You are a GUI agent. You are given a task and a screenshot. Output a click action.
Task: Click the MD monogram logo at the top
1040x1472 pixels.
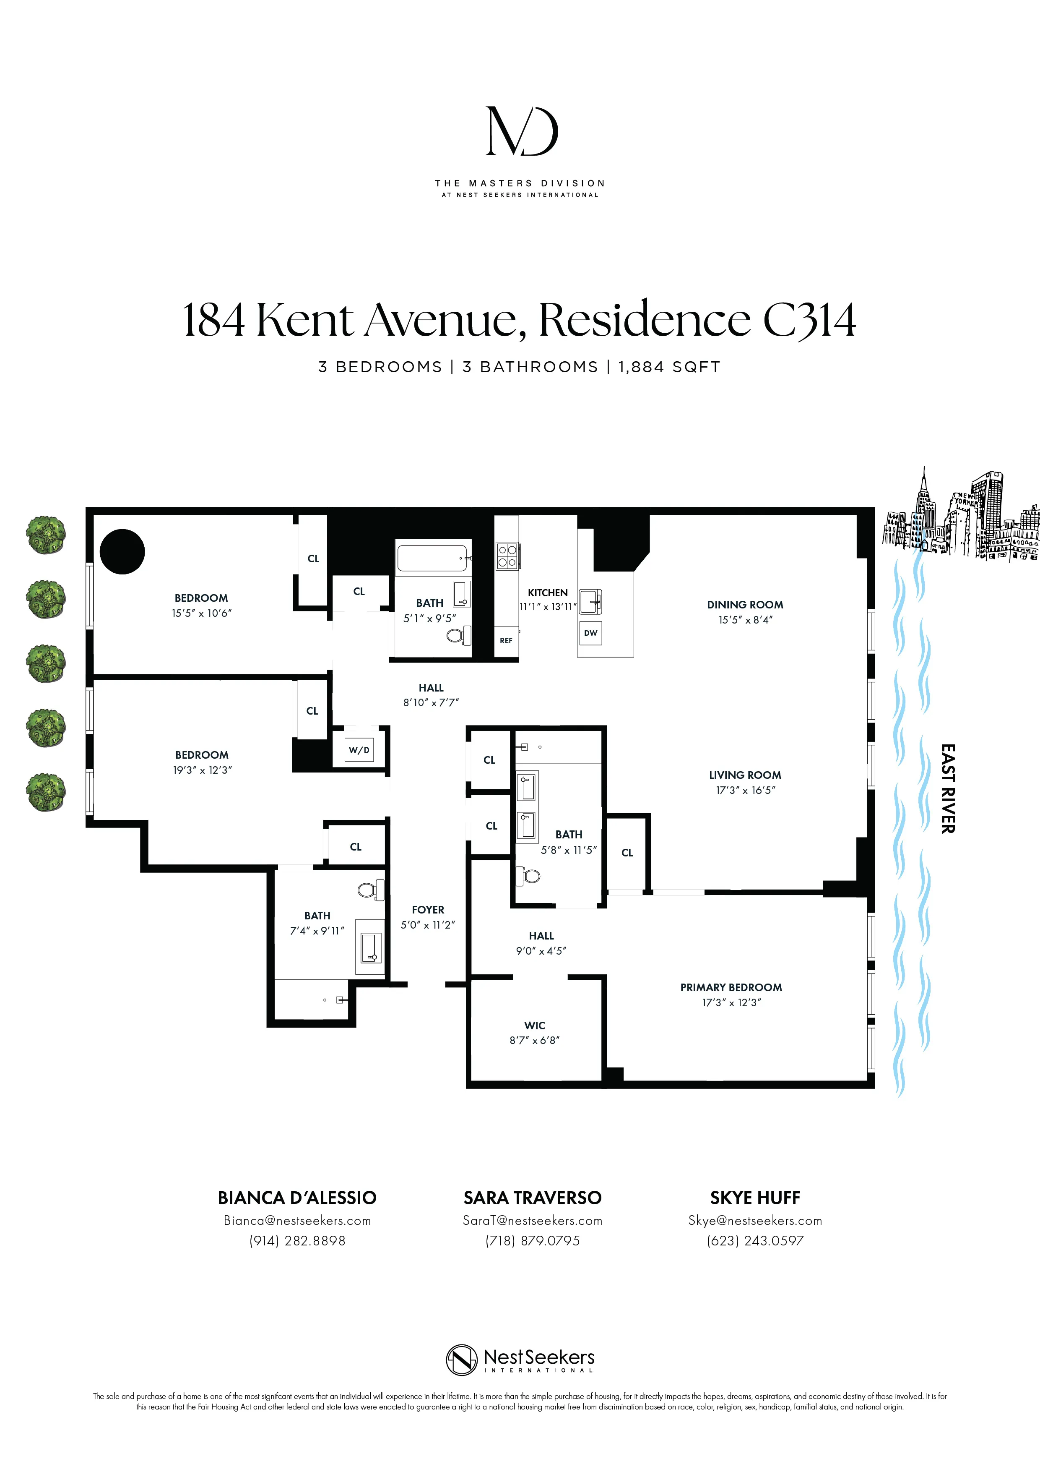click(x=521, y=131)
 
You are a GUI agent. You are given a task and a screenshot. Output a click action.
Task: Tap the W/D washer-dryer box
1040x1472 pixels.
click(x=359, y=749)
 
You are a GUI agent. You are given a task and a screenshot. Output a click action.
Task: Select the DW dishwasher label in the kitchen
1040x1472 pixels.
click(x=590, y=633)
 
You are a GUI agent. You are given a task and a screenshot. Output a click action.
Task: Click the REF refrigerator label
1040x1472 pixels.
click(x=506, y=640)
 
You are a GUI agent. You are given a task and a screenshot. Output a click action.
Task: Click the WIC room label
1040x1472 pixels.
click(x=534, y=1025)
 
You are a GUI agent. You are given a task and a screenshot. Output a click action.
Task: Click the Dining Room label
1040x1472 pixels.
click(x=745, y=605)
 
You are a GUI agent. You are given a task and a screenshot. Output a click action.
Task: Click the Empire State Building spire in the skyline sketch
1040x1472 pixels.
click(x=924, y=478)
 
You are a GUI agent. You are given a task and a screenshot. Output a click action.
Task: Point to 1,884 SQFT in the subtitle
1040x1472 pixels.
click(x=669, y=367)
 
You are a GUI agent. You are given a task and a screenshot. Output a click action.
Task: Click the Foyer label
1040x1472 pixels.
click(x=427, y=910)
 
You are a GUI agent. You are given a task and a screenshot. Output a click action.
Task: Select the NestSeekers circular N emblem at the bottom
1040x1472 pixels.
click(x=462, y=1360)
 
